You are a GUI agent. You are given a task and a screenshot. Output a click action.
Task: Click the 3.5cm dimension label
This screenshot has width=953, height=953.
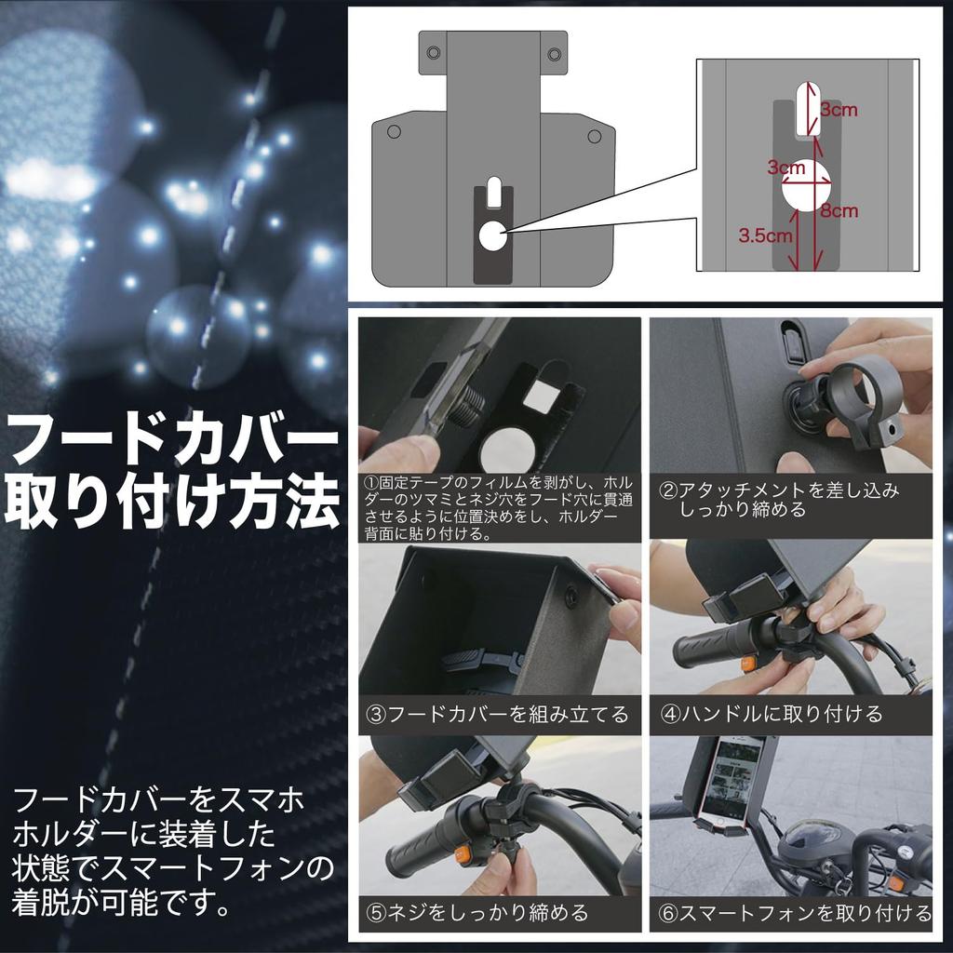pyautogui.click(x=765, y=236)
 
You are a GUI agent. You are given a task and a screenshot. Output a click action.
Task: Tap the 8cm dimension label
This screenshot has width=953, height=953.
pyautogui.click(x=839, y=211)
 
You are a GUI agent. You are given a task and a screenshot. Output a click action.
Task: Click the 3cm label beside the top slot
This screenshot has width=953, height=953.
pyautogui.click(x=839, y=110)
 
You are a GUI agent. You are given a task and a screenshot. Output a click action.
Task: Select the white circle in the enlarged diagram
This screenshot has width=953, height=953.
pyautogui.click(x=806, y=185)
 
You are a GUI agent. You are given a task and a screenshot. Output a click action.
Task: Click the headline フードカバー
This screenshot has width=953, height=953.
pyautogui.click(x=173, y=440)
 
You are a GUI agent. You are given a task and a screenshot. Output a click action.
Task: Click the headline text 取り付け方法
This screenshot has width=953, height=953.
pyautogui.click(x=173, y=503)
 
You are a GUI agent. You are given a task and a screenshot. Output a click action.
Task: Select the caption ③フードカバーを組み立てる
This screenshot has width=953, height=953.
pyautogui.click(x=499, y=715)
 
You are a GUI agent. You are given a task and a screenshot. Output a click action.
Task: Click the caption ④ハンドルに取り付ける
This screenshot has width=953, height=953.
pyautogui.click(x=772, y=715)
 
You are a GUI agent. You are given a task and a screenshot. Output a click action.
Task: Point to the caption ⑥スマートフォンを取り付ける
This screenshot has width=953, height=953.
pyautogui.click(x=794, y=913)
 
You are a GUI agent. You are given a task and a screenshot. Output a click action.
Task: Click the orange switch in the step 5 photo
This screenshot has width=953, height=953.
pyautogui.click(x=460, y=852)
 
